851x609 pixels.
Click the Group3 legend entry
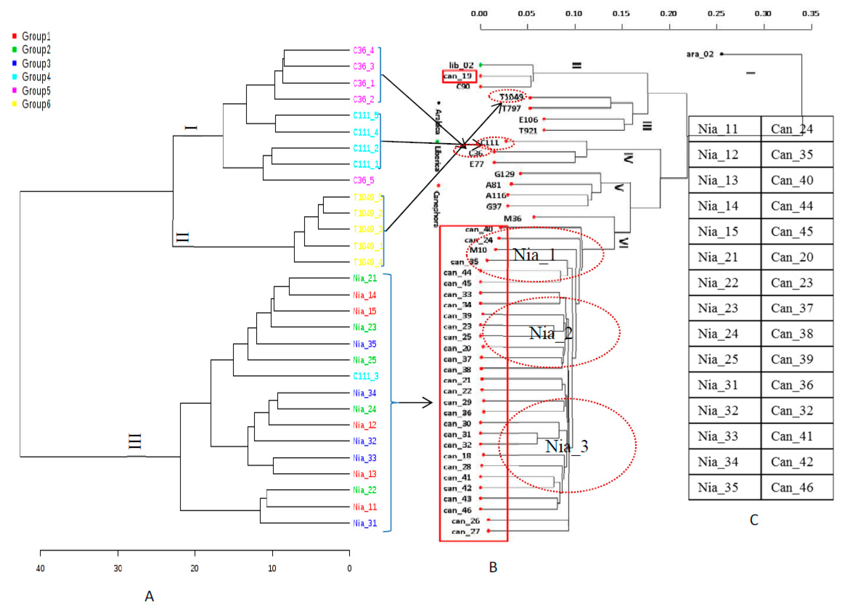point(36,63)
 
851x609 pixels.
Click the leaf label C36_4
point(363,50)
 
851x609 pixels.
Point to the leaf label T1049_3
point(367,229)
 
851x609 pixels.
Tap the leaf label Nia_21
point(364,278)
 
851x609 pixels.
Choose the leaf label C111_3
point(365,376)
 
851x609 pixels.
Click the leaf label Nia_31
point(364,523)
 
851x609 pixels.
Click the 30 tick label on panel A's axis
point(118,568)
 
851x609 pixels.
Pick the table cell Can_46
point(792,487)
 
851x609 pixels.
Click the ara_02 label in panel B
point(699,54)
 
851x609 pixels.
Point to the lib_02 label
point(461,65)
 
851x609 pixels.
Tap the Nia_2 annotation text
point(550,333)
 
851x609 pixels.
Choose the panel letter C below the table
point(754,520)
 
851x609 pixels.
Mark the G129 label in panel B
point(504,174)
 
